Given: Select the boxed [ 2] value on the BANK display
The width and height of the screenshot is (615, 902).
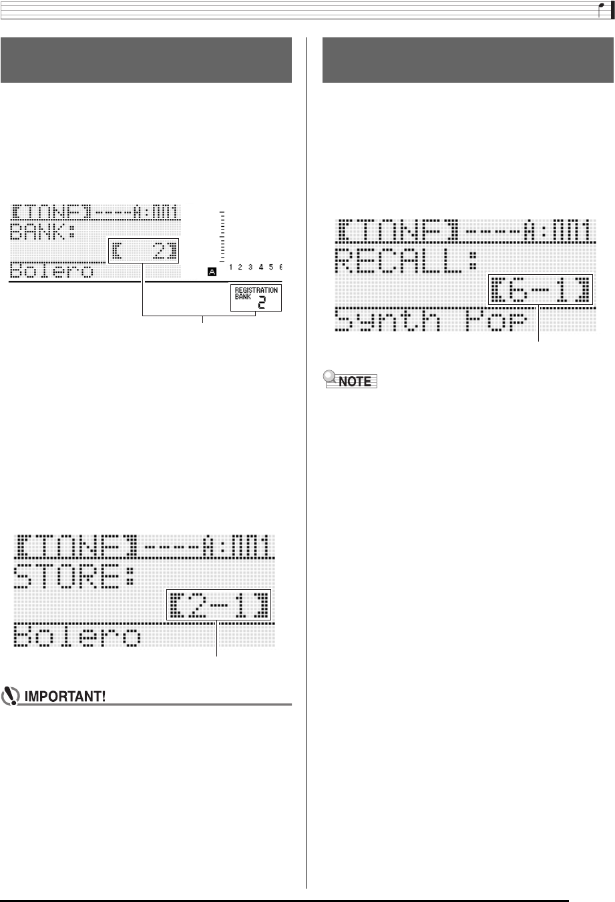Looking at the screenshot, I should coord(144,252).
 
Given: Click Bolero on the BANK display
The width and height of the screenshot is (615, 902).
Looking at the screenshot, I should coord(51,271).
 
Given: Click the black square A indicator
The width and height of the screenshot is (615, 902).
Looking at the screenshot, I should coord(212,271).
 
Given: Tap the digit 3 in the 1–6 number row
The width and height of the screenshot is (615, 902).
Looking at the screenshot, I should coord(250,268).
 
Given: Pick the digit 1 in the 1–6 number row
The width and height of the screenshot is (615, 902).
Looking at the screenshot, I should coord(230,268).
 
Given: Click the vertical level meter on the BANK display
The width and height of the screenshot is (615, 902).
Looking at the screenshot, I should coord(222,236).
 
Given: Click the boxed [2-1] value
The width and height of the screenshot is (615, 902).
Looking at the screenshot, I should coord(219,604).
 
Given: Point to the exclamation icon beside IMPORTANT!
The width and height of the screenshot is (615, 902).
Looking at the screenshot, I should coord(11,697).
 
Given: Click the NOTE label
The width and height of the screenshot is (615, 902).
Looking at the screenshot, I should coord(355,382).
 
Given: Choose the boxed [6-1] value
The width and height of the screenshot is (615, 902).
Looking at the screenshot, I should coord(540,290).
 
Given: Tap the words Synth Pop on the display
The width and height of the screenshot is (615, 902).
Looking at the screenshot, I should coord(430,321).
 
